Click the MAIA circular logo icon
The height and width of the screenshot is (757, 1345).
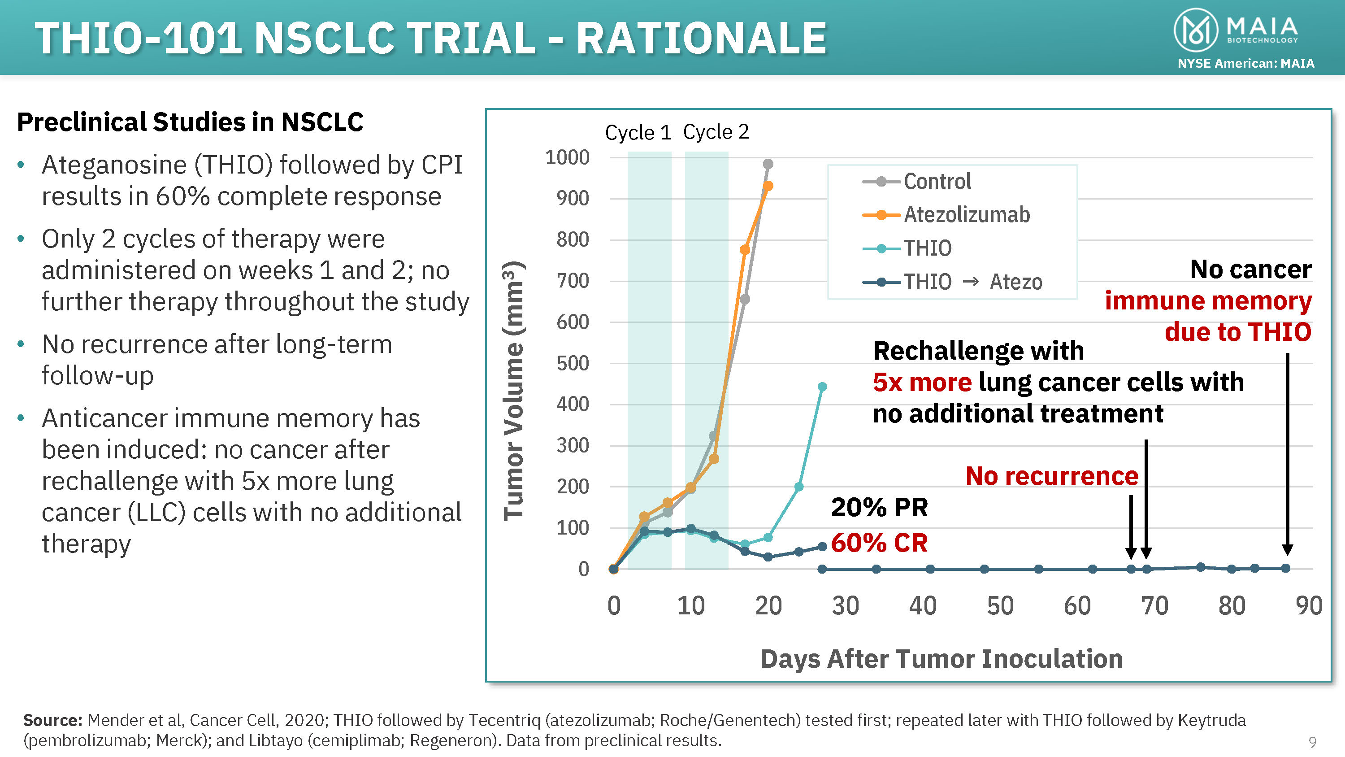coord(1196,30)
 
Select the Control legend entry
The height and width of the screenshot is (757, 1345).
coord(937,181)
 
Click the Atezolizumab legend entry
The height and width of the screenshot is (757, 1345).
coord(967,215)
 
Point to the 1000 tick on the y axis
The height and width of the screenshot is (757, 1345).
coord(567,157)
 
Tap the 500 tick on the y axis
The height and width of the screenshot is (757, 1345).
coord(573,363)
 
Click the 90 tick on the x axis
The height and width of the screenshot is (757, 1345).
coord(1308,606)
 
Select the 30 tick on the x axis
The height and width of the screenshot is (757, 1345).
coord(845,606)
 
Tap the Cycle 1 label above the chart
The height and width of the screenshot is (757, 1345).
coord(638,133)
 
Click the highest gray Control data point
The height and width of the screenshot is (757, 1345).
coord(768,164)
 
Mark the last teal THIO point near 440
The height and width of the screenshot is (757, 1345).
coord(822,387)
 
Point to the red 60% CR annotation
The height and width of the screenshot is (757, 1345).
coord(879,543)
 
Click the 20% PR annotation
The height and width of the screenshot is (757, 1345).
coord(879,507)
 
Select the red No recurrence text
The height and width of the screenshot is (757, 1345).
coord(1051,476)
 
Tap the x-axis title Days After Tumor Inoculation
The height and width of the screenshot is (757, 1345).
coord(941,658)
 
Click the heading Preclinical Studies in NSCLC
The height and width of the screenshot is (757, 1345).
coord(190,122)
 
